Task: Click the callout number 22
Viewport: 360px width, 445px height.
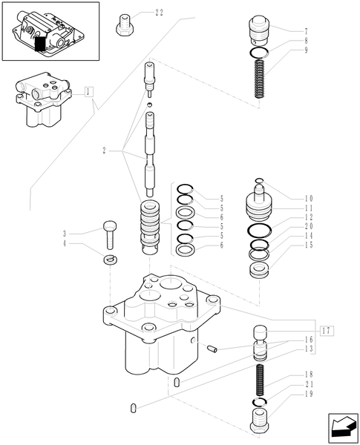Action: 160,13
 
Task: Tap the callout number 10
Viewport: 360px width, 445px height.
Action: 309,198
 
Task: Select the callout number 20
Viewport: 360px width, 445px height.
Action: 309,226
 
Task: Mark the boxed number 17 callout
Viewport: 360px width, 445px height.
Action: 327,329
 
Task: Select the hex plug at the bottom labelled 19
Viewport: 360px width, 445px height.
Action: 261,426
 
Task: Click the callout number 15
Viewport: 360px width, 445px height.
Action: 309,245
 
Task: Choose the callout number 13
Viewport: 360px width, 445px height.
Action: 309,348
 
